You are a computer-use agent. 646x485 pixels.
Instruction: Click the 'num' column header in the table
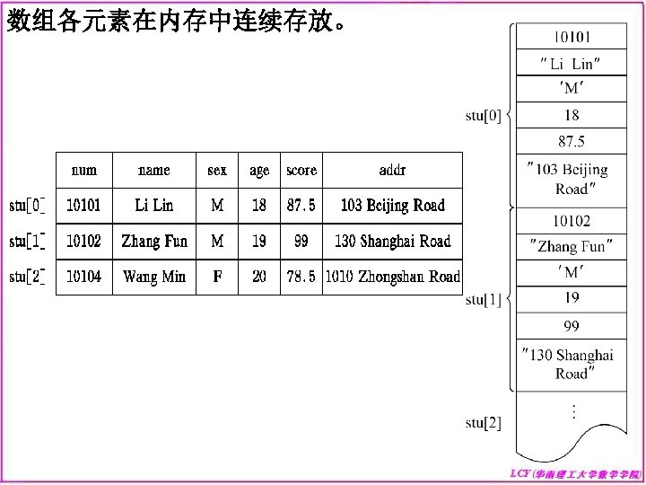[84, 170]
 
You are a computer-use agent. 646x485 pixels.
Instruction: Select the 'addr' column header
[392, 170]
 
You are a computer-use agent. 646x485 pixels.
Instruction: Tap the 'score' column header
[301, 170]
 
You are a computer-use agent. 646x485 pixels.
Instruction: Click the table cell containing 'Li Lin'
[153, 206]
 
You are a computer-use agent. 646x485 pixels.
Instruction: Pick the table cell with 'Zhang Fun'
[153, 241]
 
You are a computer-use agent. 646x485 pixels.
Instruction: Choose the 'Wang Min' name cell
[153, 277]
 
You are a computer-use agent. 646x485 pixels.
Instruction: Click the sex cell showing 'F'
[217, 277]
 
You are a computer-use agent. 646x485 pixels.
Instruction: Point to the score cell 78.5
[301, 277]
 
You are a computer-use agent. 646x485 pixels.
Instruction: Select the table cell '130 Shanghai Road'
[392, 241]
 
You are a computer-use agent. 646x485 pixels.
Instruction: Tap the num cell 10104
[84, 277]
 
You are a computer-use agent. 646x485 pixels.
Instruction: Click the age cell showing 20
[259, 277]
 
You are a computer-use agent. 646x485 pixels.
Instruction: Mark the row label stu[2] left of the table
[28, 277]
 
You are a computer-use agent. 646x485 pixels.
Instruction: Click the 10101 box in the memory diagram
[571, 37]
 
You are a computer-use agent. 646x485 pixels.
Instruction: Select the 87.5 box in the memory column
[571, 142]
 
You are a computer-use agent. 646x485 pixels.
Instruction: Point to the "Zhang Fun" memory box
[571, 246]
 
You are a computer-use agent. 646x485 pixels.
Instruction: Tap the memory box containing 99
[571, 325]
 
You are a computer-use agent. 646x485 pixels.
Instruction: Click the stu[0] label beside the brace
[484, 115]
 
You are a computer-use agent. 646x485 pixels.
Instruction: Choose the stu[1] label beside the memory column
[484, 301]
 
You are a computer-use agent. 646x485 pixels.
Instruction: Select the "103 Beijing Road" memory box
[571, 179]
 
